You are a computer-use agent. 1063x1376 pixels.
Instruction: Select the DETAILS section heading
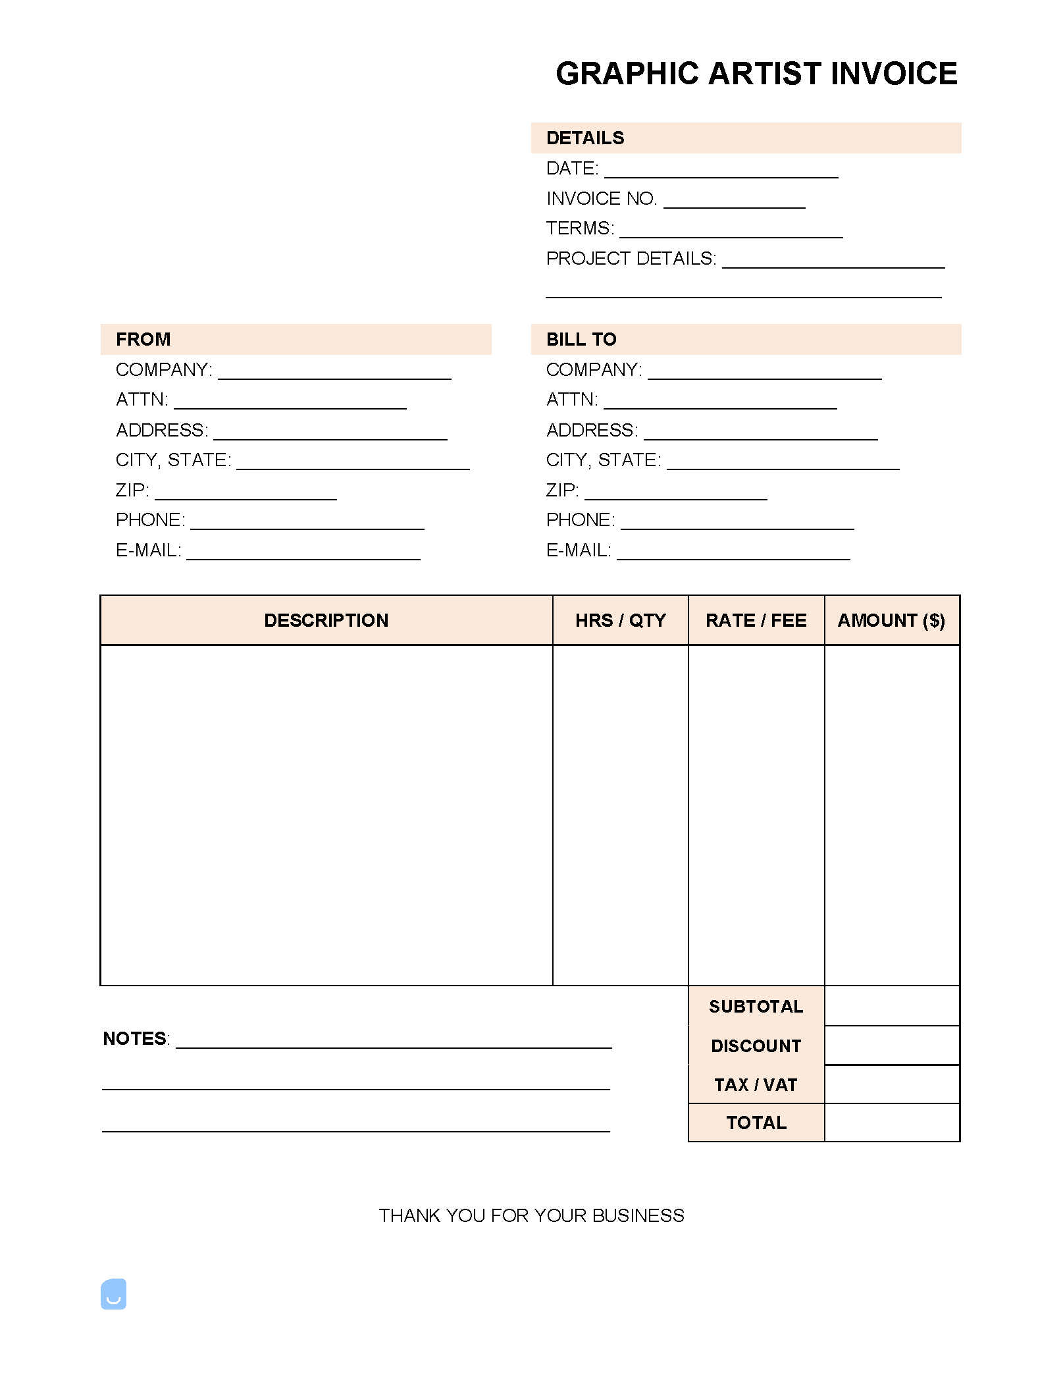click(x=585, y=138)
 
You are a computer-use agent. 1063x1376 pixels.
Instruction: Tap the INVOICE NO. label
click(x=602, y=199)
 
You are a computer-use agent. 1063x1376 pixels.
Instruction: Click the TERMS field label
click(x=580, y=228)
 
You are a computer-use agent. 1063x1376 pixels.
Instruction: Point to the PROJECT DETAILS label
click(x=631, y=259)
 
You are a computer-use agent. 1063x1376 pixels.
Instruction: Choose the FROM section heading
click(x=143, y=340)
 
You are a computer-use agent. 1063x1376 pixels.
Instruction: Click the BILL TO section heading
click(x=581, y=340)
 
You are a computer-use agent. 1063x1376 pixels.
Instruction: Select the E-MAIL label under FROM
click(x=149, y=550)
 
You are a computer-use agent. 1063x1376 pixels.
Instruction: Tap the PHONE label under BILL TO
click(x=581, y=520)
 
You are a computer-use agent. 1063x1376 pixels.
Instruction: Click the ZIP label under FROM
click(x=132, y=490)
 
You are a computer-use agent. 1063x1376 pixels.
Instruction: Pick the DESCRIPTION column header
click(x=326, y=621)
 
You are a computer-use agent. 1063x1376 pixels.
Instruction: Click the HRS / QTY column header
click(x=621, y=621)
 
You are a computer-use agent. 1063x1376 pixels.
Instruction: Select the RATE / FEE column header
click(x=756, y=621)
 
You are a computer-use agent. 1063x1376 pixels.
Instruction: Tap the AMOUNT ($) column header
click(x=891, y=621)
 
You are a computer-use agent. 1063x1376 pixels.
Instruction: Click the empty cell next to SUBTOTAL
click(x=892, y=1006)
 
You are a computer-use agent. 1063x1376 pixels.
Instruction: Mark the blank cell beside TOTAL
click(x=892, y=1123)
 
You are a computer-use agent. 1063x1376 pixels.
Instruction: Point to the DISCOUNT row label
click(x=756, y=1046)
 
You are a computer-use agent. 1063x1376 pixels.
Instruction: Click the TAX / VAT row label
click(x=756, y=1085)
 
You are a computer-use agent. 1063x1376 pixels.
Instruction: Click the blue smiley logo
click(x=114, y=1294)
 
